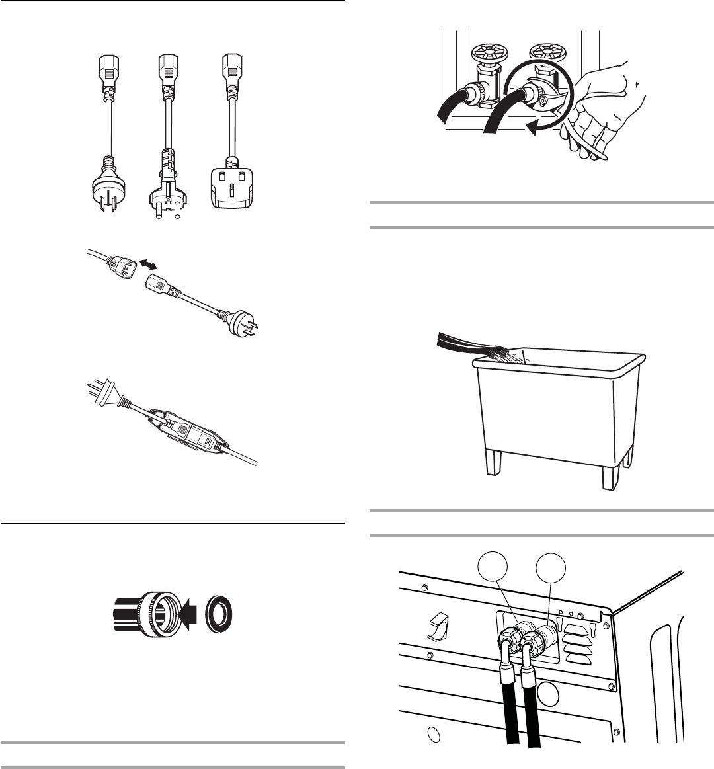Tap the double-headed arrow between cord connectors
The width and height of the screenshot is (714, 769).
click(x=150, y=264)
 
